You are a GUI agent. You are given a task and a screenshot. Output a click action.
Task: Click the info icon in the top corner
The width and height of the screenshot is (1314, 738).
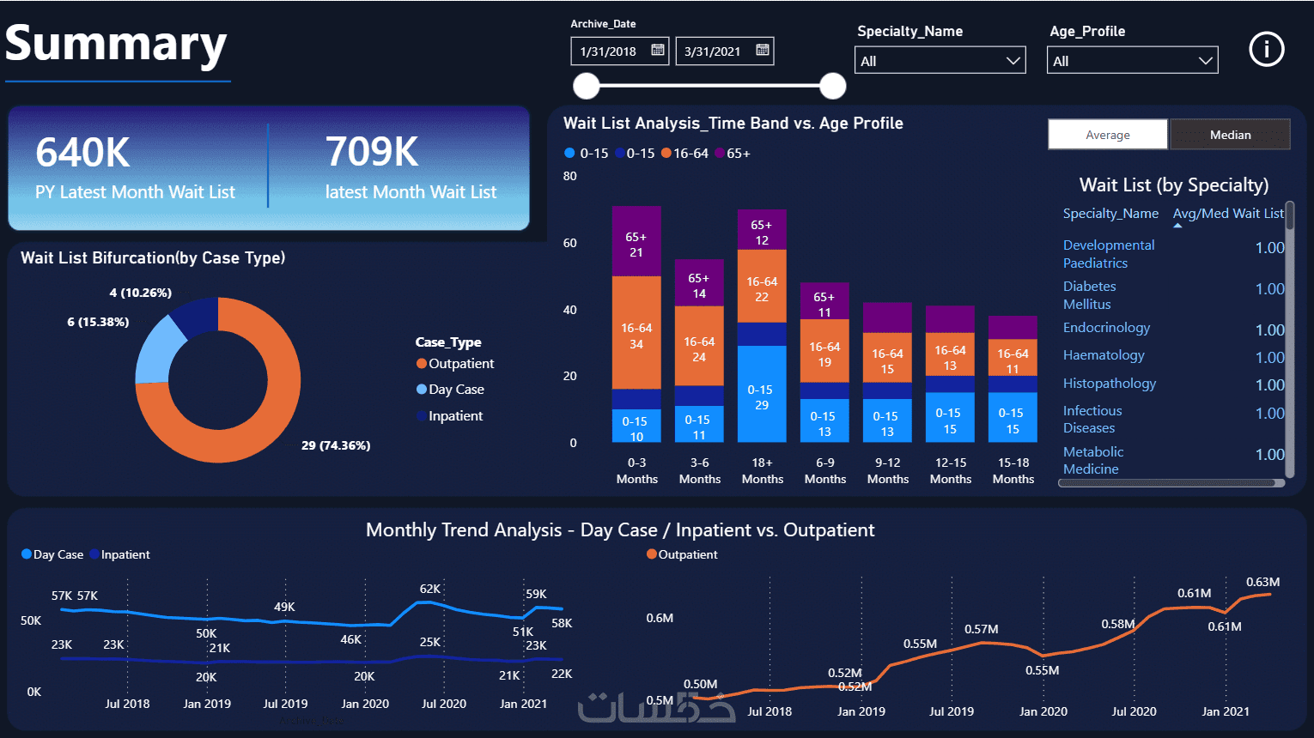point(1266,49)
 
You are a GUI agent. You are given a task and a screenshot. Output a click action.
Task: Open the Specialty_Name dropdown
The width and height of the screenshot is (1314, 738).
point(940,60)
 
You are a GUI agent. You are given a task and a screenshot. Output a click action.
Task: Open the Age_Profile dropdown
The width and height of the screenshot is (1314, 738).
point(1132,60)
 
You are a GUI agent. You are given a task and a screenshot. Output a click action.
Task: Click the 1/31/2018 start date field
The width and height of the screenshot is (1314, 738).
point(619,51)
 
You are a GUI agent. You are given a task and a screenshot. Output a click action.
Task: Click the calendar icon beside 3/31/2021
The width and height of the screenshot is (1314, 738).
point(762,50)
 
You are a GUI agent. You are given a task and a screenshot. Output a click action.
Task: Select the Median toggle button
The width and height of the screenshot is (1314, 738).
point(1230,135)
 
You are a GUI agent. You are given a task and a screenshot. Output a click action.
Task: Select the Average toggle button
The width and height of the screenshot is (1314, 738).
point(1108,135)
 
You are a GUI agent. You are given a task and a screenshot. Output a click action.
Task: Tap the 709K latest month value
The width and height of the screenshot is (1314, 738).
point(372,151)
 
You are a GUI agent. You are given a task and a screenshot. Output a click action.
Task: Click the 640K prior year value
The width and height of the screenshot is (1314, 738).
point(82,153)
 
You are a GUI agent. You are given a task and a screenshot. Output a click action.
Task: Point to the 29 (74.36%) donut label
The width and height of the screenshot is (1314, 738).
point(336,445)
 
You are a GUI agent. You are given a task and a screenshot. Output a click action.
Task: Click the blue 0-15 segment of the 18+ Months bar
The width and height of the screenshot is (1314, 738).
point(762,394)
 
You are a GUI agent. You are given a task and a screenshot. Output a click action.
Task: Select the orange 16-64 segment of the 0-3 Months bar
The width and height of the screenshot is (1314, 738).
point(636,332)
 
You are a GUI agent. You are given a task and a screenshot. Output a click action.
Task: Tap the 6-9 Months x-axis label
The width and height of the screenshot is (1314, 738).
point(824,471)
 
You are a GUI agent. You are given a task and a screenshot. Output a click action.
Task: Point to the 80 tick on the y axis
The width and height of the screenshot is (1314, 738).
point(569,176)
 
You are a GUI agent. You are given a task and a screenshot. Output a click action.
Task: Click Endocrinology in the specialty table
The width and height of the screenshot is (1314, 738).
point(1106,328)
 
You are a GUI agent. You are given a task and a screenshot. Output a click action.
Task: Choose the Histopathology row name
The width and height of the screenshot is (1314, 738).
point(1110,384)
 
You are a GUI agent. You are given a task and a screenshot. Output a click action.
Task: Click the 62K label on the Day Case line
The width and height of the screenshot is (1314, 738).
point(430,589)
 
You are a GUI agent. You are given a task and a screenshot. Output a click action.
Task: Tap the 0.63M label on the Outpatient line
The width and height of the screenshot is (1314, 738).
point(1263,582)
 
